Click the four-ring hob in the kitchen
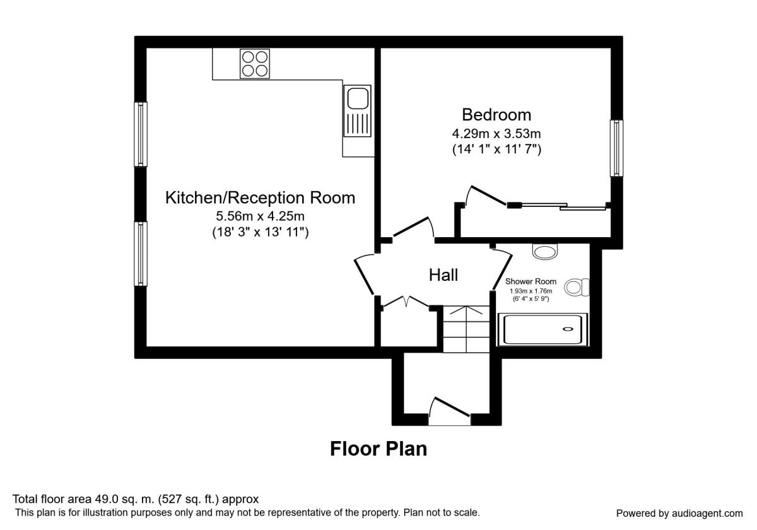[254, 64]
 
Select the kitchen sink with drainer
[357, 111]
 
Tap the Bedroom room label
[496, 115]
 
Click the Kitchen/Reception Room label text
[260, 197]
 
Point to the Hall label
[443, 275]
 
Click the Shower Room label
[531, 281]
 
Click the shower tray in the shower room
[543, 329]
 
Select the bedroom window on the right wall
[616, 148]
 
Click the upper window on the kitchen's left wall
[141, 134]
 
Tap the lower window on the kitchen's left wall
[141, 254]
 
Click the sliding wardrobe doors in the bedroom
[558, 205]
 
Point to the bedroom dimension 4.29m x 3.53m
[496, 134]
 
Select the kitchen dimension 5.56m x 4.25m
[260, 216]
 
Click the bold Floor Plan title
[378, 449]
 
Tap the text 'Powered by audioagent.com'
[679, 513]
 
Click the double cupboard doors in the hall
[404, 302]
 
